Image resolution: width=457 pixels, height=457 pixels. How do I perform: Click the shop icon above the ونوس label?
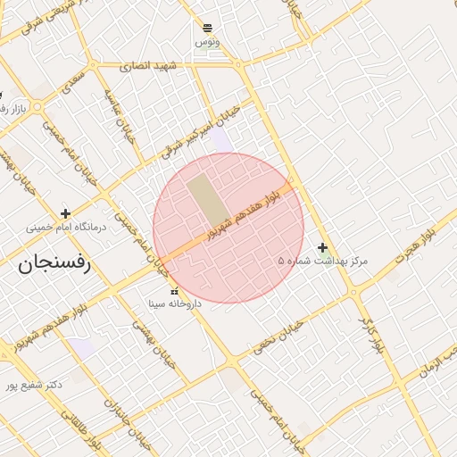point(208,28)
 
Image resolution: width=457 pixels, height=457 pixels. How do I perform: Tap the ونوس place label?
point(207,42)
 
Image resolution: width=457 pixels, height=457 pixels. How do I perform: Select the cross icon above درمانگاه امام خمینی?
point(65,213)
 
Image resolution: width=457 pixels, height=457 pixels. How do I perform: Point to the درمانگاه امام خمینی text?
point(65,228)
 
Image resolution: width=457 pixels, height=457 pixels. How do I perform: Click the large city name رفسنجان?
point(54,263)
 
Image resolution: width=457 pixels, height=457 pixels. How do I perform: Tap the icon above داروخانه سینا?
point(174,291)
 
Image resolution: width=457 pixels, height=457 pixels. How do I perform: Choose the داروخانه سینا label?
point(175,304)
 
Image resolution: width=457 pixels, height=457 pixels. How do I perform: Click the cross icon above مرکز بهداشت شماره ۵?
point(322,247)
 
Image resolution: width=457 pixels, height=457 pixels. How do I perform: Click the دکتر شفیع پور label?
point(33,386)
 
